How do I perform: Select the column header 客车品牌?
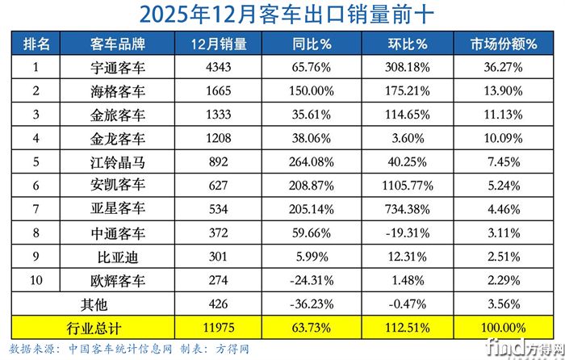click(118, 44)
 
